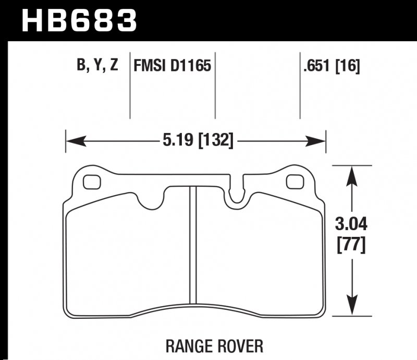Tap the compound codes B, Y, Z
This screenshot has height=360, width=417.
point(97,66)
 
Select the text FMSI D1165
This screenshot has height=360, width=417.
point(172,66)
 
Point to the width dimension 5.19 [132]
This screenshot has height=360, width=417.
point(196,140)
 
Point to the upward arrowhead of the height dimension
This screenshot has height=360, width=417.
point(353,175)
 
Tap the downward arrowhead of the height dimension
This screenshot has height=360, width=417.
point(353,308)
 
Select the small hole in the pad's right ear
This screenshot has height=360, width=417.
point(295,182)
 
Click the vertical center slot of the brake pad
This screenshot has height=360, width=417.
point(192,245)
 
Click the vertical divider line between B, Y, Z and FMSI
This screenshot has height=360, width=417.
point(129,89)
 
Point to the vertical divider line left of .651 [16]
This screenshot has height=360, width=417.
point(300,89)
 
